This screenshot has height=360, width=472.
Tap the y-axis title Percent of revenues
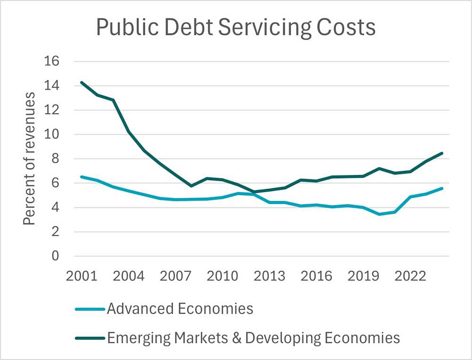(29, 159)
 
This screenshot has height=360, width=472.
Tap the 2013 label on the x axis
(270, 276)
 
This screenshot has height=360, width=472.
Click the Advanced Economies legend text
(180, 309)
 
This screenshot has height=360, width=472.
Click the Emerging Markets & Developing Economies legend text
(253, 338)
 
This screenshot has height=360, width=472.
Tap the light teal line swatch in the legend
(90, 310)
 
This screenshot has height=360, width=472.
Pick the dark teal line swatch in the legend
(90, 338)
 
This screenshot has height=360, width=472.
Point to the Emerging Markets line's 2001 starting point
(82, 83)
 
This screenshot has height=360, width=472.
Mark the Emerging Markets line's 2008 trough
(191, 186)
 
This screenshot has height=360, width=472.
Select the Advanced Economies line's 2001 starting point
(82, 177)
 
